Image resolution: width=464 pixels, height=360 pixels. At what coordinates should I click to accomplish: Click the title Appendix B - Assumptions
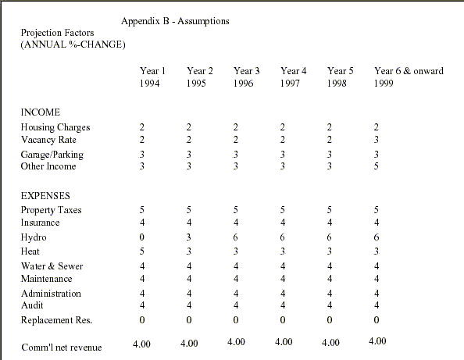(x=175, y=21)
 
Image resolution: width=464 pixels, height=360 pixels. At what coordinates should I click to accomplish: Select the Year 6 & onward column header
(x=409, y=71)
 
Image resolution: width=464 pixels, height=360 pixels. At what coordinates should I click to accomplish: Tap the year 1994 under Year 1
(x=150, y=83)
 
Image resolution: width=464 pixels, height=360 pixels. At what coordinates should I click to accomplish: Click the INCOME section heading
(x=41, y=112)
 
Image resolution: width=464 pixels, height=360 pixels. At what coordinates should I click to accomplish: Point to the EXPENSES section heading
(x=45, y=195)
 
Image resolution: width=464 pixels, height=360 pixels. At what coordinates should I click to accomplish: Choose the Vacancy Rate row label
(x=48, y=139)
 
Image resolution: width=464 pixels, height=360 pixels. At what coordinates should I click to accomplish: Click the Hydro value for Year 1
(x=142, y=237)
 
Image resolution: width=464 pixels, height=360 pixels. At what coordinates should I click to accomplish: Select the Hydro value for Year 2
(x=189, y=237)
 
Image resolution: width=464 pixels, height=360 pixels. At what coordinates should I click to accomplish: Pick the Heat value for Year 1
(x=142, y=251)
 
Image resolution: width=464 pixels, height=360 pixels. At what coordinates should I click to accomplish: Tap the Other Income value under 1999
(x=376, y=166)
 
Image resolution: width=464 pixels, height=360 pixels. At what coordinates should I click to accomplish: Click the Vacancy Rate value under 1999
(x=376, y=139)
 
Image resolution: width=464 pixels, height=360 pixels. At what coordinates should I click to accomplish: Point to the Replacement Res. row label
(x=56, y=320)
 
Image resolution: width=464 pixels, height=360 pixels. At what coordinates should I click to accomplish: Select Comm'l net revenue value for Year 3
(x=236, y=342)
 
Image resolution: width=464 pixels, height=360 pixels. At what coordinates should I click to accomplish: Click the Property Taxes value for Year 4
(x=283, y=210)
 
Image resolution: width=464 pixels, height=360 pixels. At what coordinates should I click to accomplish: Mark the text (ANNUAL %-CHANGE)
(x=73, y=45)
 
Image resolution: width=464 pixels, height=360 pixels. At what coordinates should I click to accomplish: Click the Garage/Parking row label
(x=52, y=155)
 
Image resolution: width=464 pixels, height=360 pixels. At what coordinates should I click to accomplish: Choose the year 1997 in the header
(x=291, y=83)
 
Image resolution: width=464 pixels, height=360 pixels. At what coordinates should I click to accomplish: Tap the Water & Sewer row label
(x=52, y=266)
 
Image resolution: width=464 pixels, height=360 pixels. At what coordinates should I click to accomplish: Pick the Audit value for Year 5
(x=330, y=305)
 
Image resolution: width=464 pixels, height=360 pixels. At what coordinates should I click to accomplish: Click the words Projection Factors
(x=57, y=33)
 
